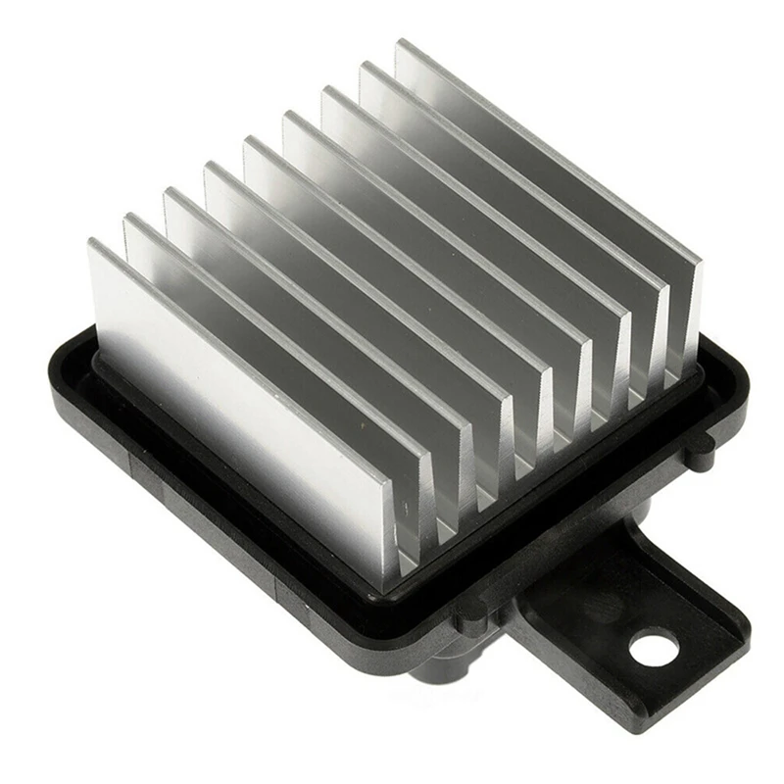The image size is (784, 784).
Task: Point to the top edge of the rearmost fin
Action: (x=549, y=147)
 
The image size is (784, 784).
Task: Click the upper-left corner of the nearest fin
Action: (x=91, y=243)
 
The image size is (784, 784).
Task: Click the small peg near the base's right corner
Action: (x=697, y=446)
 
